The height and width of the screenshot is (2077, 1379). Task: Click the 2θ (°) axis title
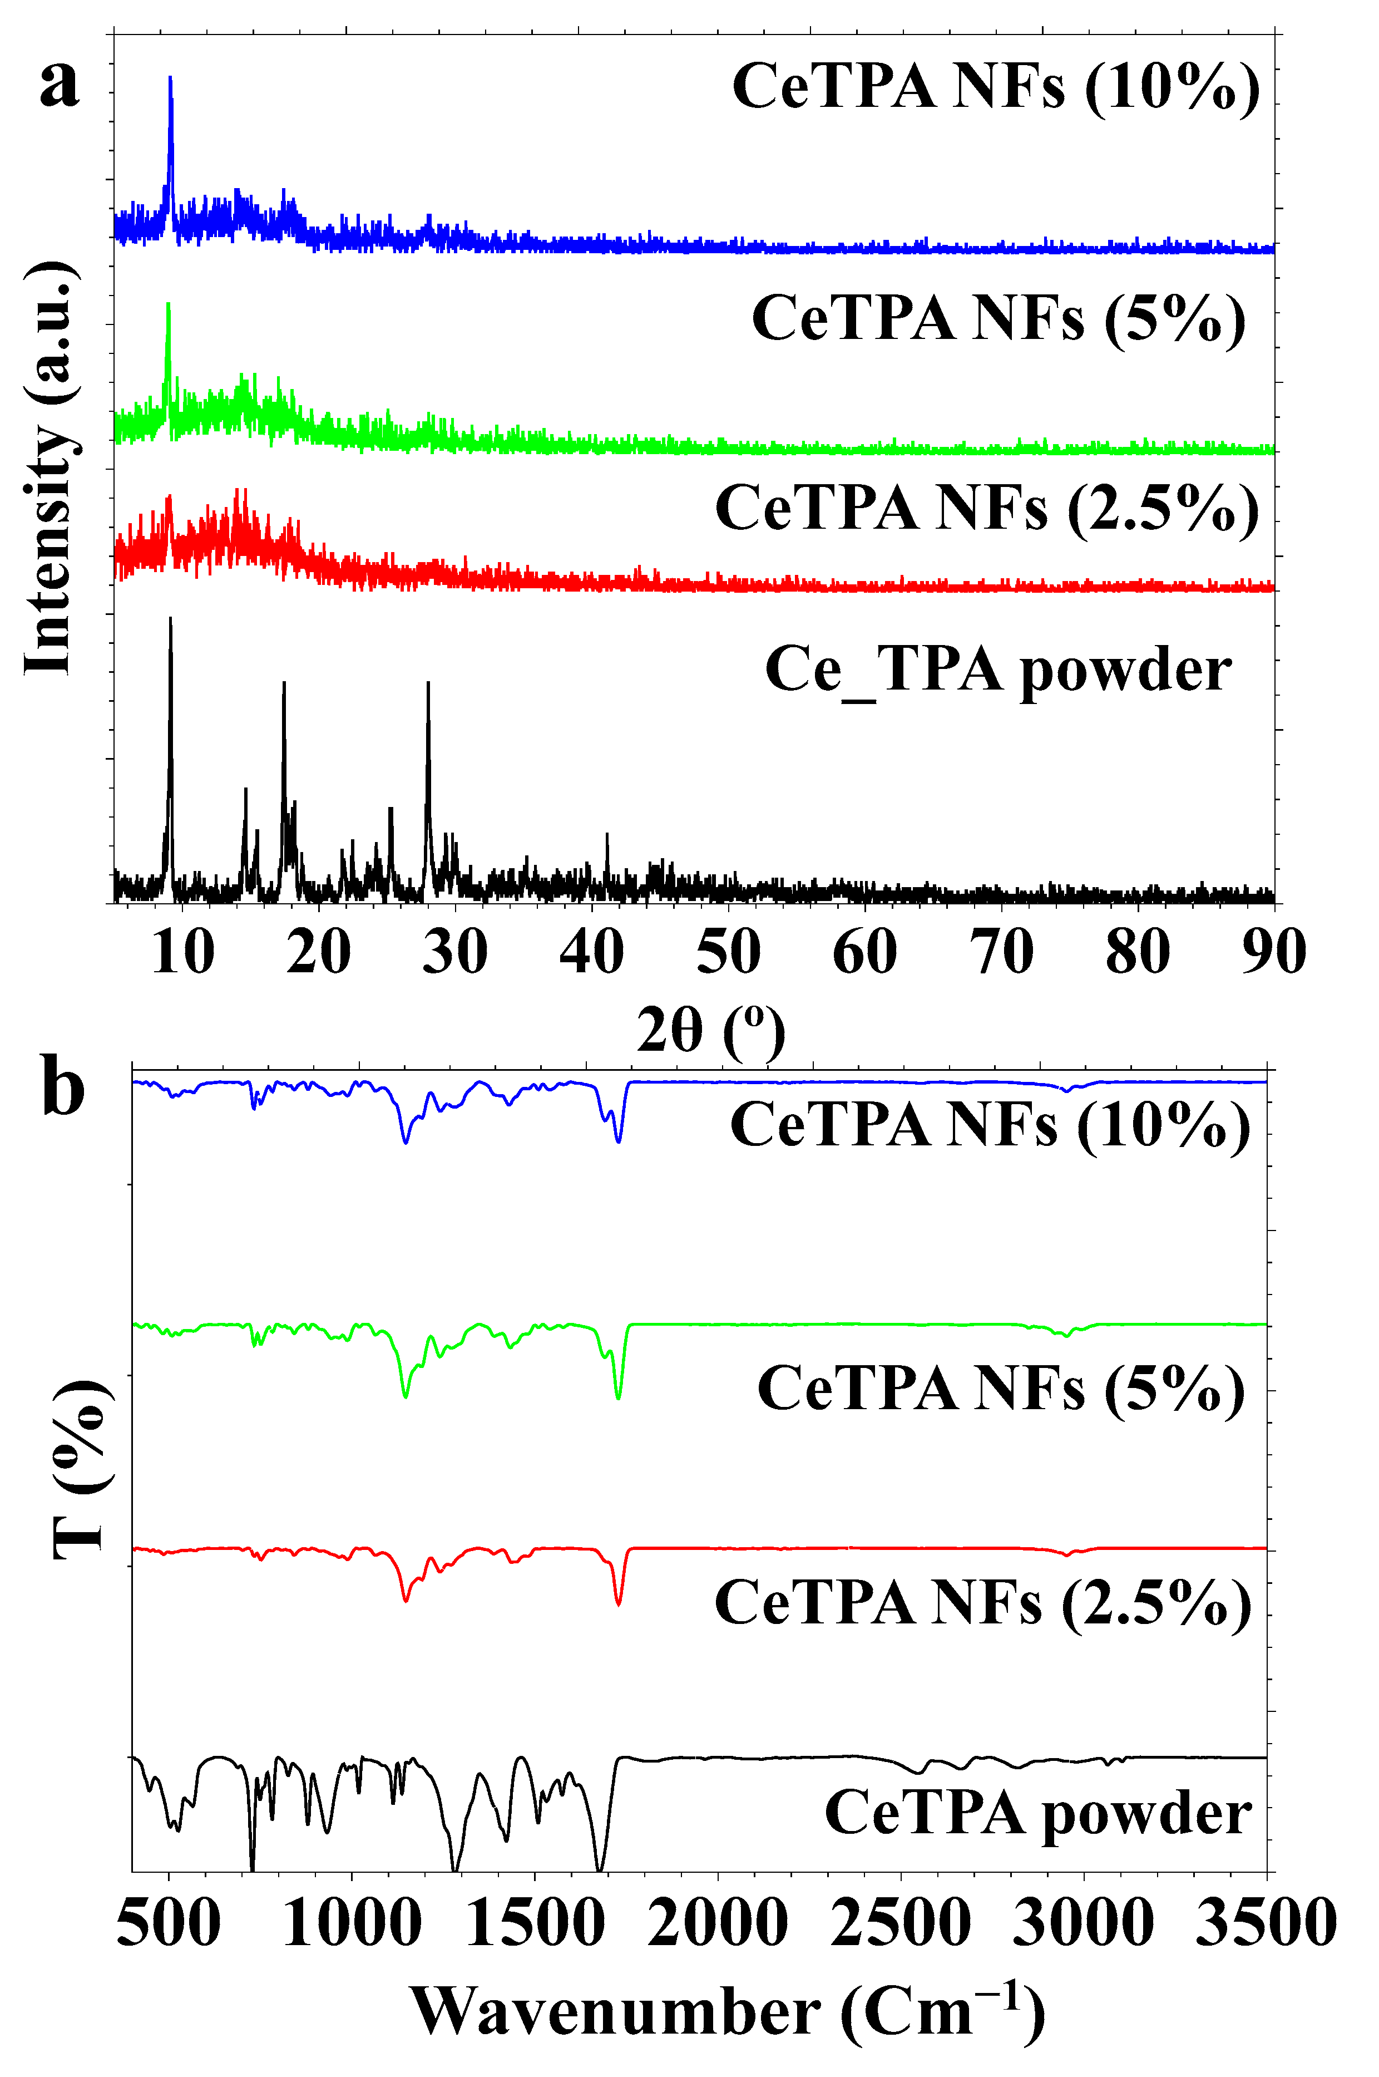pyautogui.click(x=710, y=1029)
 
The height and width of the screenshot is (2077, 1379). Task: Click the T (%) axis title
pyautogui.click(x=81, y=1469)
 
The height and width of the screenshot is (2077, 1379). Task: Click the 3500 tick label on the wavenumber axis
pyautogui.click(x=1267, y=1923)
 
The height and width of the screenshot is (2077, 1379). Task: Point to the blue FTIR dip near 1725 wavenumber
pyautogui.click(x=619, y=1141)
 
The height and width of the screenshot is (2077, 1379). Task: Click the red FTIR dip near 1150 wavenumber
pyautogui.click(x=406, y=1600)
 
